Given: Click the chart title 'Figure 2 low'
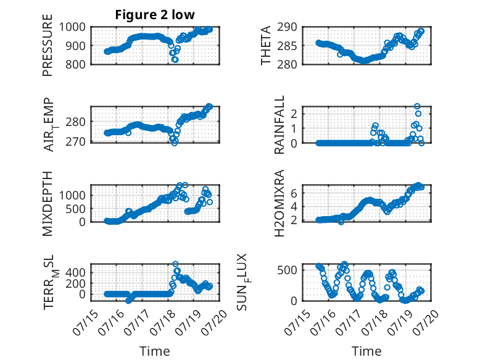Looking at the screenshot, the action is coord(155,15).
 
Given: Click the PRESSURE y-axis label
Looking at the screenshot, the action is coord(48,45).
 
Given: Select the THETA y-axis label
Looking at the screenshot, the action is coord(266,45).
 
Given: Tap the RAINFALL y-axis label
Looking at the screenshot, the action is coord(279,124).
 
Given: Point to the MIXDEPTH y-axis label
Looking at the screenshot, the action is coord(48,203).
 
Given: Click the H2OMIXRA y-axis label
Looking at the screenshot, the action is coord(279,203).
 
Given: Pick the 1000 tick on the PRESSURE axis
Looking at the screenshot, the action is coord(72,27).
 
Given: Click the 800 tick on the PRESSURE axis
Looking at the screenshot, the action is coord(75,64).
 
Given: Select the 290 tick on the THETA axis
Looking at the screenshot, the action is coord(287,27).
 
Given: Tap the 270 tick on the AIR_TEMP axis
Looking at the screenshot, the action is coord(75,142).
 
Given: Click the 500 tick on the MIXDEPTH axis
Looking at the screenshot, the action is coord(75,209).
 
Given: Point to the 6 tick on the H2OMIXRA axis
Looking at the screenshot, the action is coord(294,193).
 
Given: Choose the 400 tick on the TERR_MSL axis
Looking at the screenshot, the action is coord(75,272).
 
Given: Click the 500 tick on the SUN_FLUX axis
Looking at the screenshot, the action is coord(287,270).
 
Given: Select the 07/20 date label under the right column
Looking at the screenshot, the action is coord(426,322).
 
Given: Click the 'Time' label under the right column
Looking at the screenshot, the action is coord(366,351).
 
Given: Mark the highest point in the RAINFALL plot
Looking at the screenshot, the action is coord(417,106).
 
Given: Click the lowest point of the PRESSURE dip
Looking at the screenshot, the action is coord(175,60).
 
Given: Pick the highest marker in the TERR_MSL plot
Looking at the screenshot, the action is coord(175,264).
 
